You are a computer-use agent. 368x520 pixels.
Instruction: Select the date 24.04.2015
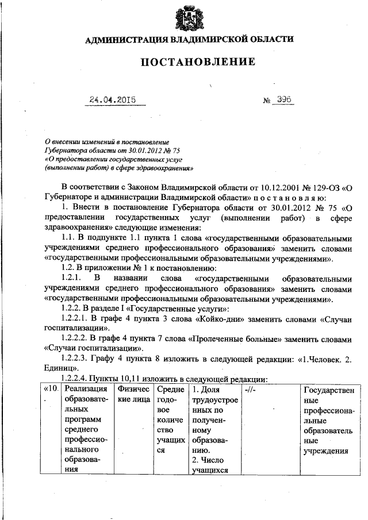112,99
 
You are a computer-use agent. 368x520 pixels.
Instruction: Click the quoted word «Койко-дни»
220,318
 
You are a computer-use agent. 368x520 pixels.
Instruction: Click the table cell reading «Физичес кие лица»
134,396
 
